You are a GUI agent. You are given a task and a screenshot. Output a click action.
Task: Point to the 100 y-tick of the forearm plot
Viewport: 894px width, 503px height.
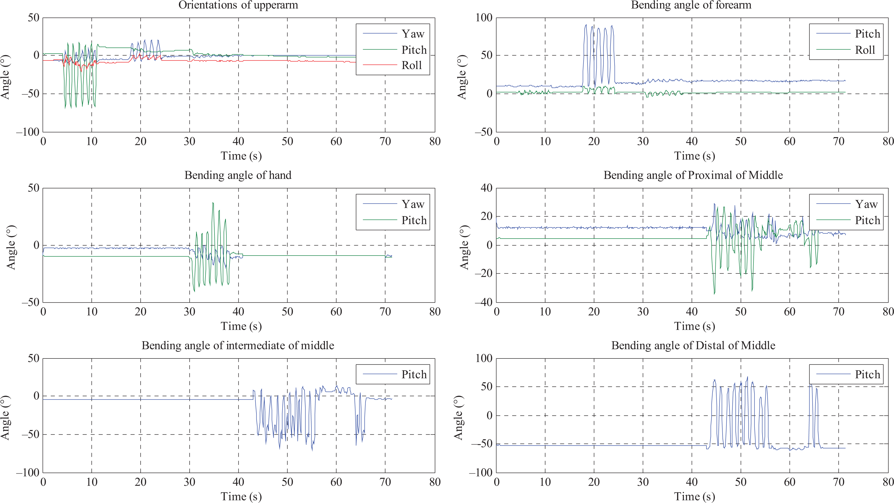coord(484,18)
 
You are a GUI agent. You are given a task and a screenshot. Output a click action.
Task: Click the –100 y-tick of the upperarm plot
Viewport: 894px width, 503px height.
coord(28,132)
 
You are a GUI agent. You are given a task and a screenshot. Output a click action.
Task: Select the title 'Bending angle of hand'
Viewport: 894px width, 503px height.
coord(238,175)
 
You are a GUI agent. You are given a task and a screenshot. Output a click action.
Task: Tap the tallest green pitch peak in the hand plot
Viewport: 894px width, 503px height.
coord(213,203)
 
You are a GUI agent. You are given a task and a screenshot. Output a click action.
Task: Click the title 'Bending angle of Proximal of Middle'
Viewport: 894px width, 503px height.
coord(693,175)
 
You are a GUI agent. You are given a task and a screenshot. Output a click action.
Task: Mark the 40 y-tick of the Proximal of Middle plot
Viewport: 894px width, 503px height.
coord(487,188)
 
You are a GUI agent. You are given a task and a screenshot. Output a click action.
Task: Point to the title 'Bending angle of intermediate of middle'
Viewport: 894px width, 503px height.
coord(238,346)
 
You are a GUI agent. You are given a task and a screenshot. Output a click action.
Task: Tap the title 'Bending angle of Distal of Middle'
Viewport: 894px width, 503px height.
coord(693,346)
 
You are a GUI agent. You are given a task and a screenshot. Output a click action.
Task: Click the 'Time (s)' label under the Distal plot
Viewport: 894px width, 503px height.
coord(695,496)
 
